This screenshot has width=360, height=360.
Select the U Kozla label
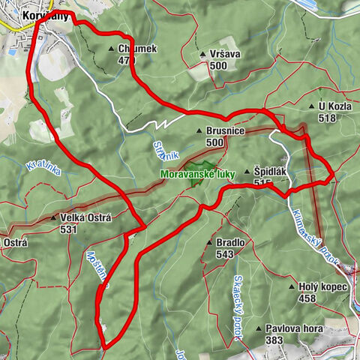coord(335,107)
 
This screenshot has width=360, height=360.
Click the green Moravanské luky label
coord(197,174)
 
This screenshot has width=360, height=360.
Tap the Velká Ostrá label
coord(84,218)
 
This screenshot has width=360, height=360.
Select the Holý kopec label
coord(323,286)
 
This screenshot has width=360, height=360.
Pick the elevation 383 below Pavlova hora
coord(274,340)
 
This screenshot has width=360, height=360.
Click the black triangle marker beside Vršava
coord(202,55)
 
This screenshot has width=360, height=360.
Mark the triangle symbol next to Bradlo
coord(210,244)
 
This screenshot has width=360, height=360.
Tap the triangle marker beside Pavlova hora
coord(258,328)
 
